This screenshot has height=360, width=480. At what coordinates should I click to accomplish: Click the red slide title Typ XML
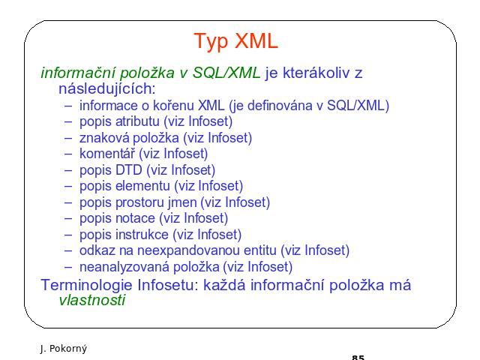tap(236, 41)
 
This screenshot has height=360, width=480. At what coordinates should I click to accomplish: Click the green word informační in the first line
tap(78, 73)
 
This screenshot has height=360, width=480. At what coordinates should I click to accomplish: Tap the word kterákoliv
tap(316, 73)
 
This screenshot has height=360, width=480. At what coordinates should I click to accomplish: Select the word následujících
tap(107, 88)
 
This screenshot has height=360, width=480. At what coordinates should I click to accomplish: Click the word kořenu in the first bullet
tap(173, 106)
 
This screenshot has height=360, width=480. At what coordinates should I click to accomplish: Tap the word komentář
tap(107, 154)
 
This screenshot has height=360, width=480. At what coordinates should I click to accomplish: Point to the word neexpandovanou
tap(207, 250)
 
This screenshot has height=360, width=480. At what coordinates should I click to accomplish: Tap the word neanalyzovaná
tap(124, 267)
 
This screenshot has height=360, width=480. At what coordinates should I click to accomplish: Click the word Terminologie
tap(87, 285)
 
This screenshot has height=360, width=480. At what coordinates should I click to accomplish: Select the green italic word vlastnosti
tap(91, 300)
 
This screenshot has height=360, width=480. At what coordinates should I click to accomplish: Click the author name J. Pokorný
tap(63, 349)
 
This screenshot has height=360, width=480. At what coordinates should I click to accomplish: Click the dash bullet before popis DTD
tap(68, 170)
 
